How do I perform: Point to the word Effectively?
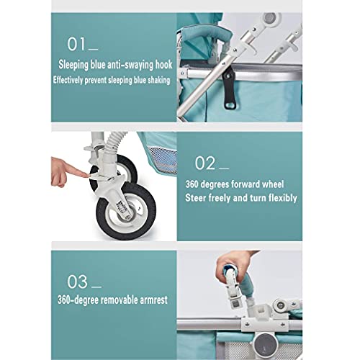click(x=76, y=79)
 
